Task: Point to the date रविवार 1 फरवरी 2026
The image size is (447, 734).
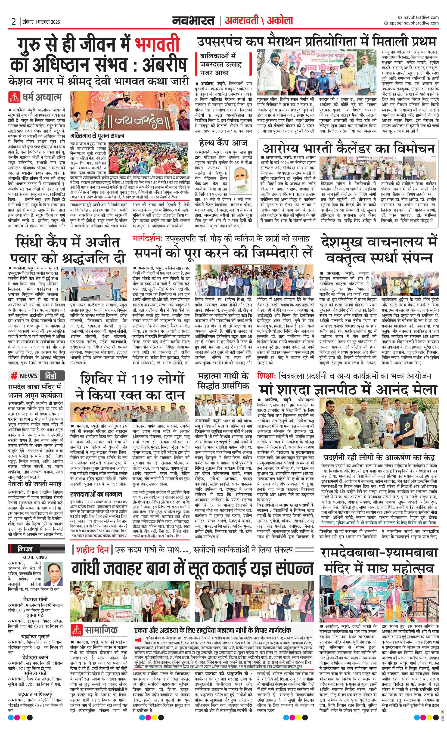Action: tap(41, 22)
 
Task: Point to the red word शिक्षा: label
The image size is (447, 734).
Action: tap(267, 376)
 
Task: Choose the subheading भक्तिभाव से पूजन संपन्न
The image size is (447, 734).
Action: tap(97, 136)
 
